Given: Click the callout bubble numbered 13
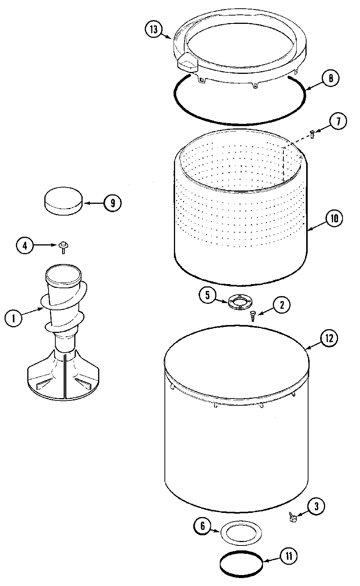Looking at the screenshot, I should (x=153, y=30).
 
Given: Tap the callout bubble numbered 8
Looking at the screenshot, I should (x=330, y=78).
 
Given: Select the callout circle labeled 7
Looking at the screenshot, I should (x=338, y=122).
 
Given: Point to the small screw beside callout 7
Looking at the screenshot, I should (x=312, y=134).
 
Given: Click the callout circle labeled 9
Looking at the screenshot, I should (x=113, y=203).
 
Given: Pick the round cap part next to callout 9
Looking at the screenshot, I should (x=64, y=200).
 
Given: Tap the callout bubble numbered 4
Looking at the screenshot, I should (x=25, y=245).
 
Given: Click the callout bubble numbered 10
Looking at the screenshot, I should (x=334, y=219).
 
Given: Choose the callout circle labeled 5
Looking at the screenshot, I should (x=208, y=295).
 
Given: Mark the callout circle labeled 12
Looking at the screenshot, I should (x=329, y=338).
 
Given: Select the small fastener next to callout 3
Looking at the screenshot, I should (x=292, y=517).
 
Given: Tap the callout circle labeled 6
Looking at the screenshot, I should (x=202, y=526).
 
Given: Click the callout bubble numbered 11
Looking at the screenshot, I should (x=289, y=556).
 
